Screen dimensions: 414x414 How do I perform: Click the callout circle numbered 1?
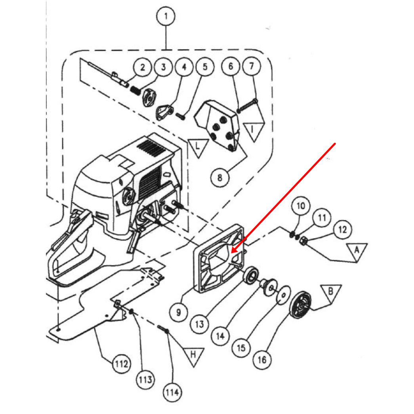point(166,17)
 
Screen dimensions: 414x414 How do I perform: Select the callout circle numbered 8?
point(220,177)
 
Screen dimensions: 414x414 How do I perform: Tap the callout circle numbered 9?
point(179,313)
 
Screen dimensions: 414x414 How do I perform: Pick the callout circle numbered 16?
point(262,359)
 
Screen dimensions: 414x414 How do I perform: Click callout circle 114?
point(172,393)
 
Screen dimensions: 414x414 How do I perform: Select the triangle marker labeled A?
point(357,251)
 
